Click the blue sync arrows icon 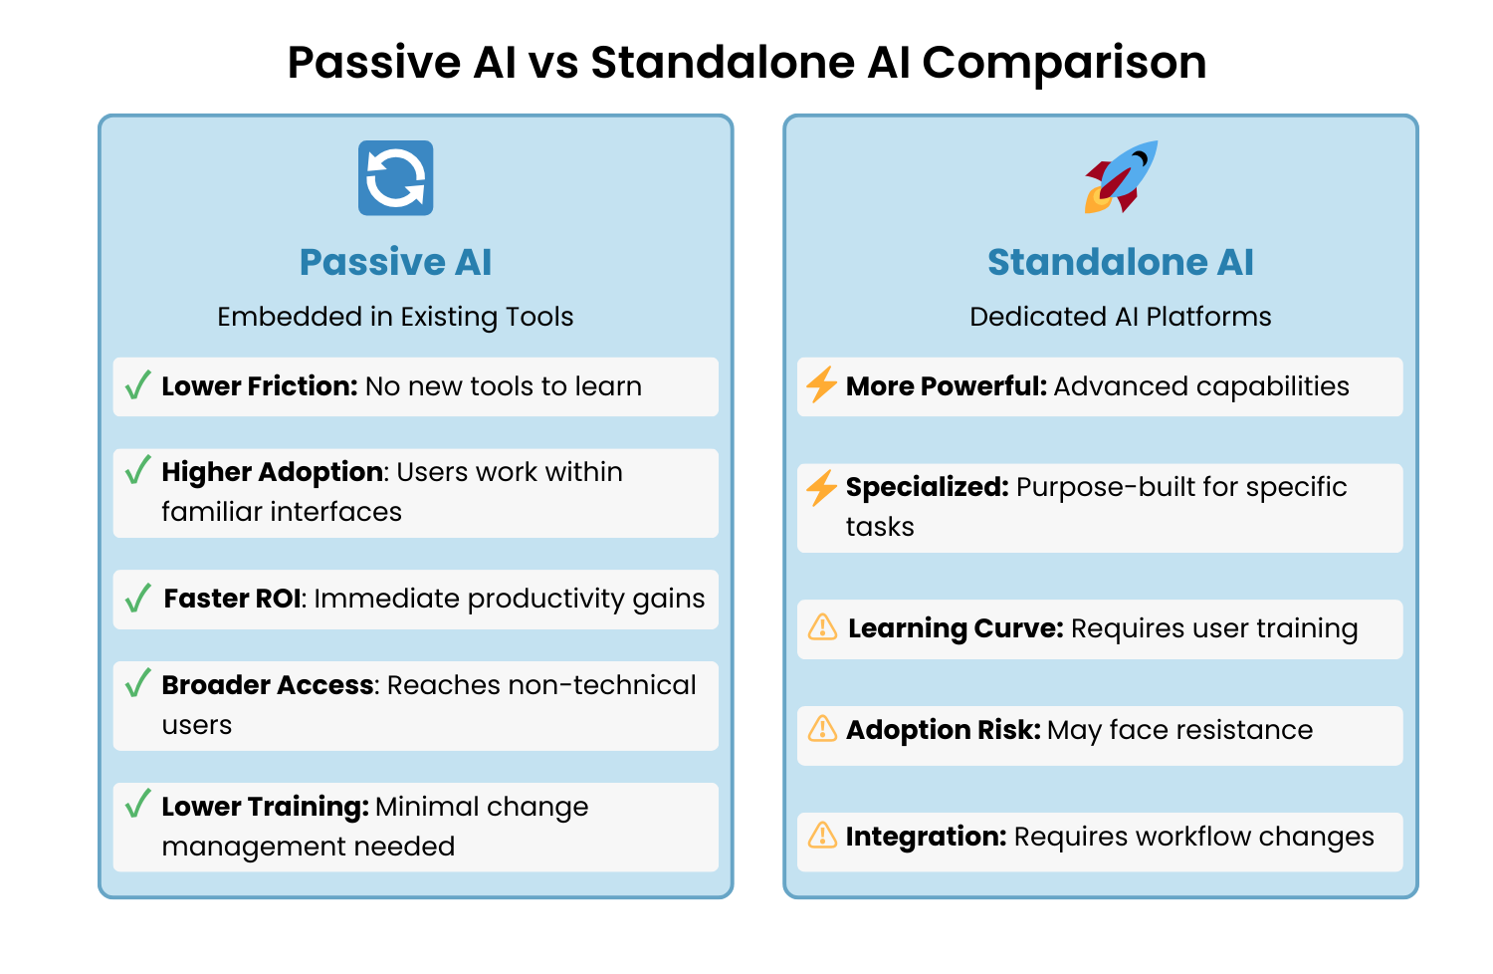point(395,178)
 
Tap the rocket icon point(1121,176)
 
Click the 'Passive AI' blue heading point(395,262)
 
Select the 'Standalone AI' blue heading point(1120,262)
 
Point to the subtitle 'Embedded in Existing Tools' point(395,317)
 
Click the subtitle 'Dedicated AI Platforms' point(1120,317)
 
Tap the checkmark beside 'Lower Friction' point(138,385)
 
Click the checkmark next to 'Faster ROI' point(138,598)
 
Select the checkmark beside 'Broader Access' point(138,683)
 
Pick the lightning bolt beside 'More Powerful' point(821,384)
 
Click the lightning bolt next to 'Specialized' point(821,487)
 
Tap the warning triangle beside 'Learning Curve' point(822,627)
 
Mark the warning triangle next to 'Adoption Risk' point(822,729)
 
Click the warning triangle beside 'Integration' point(822,836)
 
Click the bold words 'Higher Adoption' point(273,472)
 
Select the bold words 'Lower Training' point(265,807)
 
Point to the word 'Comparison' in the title point(1063,62)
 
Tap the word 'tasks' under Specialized point(880,527)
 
